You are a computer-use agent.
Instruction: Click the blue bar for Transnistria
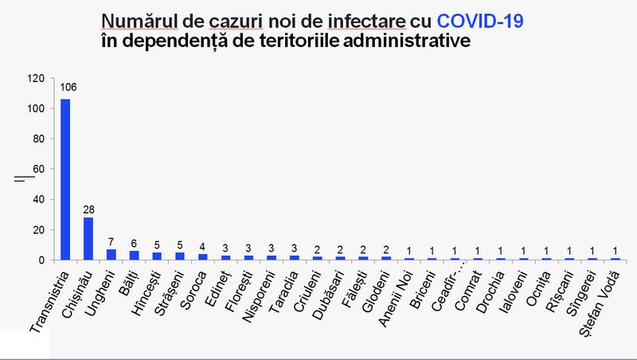click(x=65, y=179)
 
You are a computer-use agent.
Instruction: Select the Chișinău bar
click(x=88, y=238)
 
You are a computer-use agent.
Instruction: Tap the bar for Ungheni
click(x=111, y=255)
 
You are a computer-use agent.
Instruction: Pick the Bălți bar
click(x=135, y=256)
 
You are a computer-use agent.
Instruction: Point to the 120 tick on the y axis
click(x=34, y=78)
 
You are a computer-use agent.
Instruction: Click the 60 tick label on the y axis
click(x=37, y=169)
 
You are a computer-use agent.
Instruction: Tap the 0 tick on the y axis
click(x=41, y=260)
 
